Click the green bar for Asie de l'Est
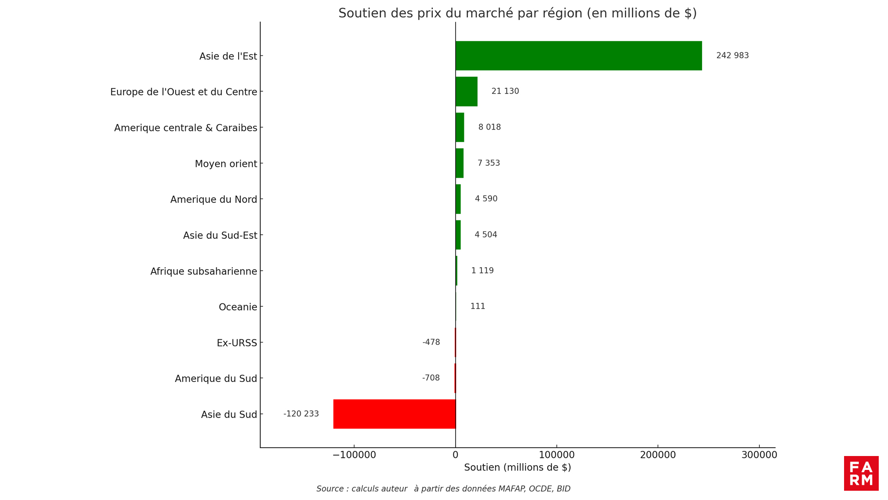(578, 56)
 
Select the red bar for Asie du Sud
(394, 414)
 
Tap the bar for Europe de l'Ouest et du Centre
(466, 92)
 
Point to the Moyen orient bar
(459, 163)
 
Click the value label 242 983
(732, 56)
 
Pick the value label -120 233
(301, 414)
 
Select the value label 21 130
(505, 91)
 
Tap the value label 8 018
(489, 127)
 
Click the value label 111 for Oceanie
(478, 306)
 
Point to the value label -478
(431, 342)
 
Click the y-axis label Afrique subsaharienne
(203, 271)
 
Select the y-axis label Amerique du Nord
(214, 200)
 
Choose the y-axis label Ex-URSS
(237, 343)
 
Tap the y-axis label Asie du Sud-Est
(220, 235)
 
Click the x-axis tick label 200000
(658, 455)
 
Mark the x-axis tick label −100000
(354, 455)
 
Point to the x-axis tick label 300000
(759, 455)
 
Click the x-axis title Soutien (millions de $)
(518, 468)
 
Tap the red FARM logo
(861, 473)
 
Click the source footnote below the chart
(443, 489)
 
